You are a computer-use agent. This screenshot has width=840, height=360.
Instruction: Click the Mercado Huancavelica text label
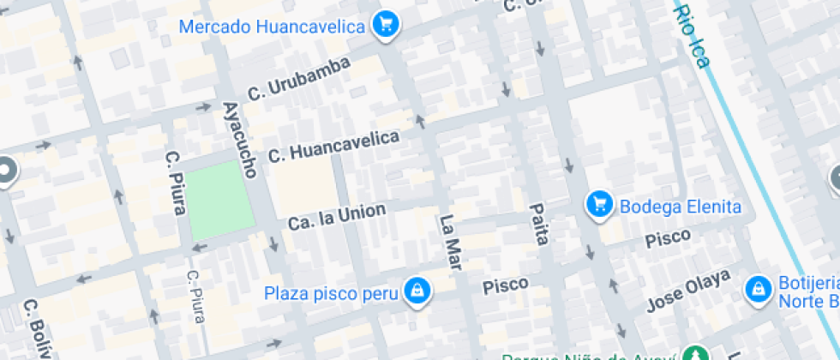(272, 27)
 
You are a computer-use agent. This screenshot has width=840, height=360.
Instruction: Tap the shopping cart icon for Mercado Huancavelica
(386, 24)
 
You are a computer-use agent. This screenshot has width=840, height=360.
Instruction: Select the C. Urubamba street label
(298, 79)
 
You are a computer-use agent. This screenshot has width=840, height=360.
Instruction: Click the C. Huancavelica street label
(333, 147)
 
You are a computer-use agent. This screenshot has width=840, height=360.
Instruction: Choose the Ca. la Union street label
(336, 216)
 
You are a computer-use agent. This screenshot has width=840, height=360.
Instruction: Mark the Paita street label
(538, 225)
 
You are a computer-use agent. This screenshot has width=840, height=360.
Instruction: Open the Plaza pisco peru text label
(331, 292)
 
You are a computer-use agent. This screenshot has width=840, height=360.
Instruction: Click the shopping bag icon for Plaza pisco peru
(417, 290)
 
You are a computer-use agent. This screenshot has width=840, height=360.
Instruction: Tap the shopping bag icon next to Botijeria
(758, 289)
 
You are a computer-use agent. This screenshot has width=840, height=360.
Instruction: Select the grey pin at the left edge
(7, 171)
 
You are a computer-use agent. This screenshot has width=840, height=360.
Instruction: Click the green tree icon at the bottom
(693, 355)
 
